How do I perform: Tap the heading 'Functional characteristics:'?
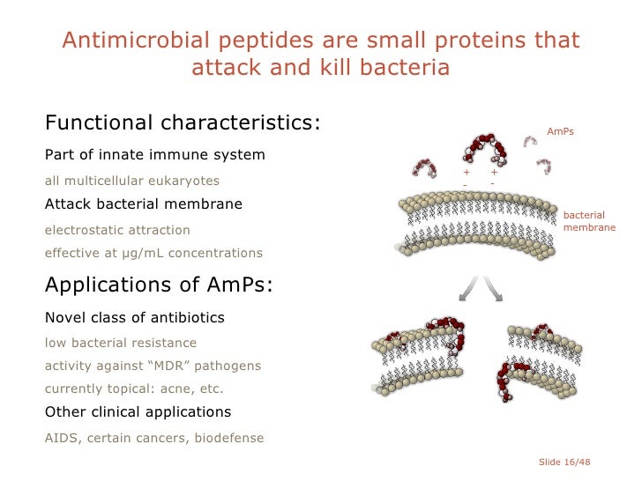pyautogui.click(x=183, y=122)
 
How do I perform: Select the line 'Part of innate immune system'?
pyautogui.click(x=154, y=155)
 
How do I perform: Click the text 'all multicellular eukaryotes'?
pyautogui.click(x=132, y=181)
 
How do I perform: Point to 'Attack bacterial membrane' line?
pyautogui.click(x=143, y=204)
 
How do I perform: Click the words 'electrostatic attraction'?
pyautogui.click(x=117, y=230)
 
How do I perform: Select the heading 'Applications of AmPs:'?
pyautogui.click(x=159, y=285)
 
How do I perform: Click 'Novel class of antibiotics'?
pyautogui.click(x=134, y=317)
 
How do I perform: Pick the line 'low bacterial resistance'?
pyautogui.click(x=121, y=343)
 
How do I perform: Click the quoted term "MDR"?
pyautogui.click(x=175, y=366)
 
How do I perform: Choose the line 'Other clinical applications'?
pyautogui.click(x=138, y=412)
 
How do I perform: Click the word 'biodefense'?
pyautogui.click(x=228, y=437)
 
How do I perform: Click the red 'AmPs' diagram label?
pyautogui.click(x=560, y=131)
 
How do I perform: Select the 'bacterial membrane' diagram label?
pyautogui.click(x=584, y=221)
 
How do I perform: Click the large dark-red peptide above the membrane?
pyautogui.click(x=484, y=149)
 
